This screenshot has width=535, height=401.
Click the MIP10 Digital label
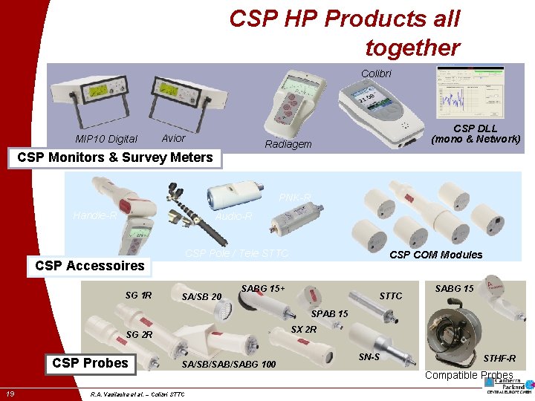click(106, 139)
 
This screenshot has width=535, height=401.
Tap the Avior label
click(173, 138)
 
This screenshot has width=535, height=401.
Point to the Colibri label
click(376, 74)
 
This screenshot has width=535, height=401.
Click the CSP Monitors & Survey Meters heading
click(114, 157)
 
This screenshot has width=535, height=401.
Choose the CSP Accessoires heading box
click(90, 266)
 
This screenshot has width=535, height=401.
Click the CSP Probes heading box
click(91, 362)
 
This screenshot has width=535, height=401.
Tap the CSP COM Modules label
click(436, 255)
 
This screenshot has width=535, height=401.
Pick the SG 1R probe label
click(138, 296)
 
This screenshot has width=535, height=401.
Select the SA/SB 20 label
click(201, 297)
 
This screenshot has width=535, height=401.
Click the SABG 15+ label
click(263, 288)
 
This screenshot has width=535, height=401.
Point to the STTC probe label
click(391, 296)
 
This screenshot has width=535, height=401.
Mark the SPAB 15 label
click(329, 313)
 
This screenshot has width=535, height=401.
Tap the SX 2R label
click(304, 329)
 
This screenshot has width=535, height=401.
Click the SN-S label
click(369, 357)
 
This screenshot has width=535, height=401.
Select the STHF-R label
click(499, 359)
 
